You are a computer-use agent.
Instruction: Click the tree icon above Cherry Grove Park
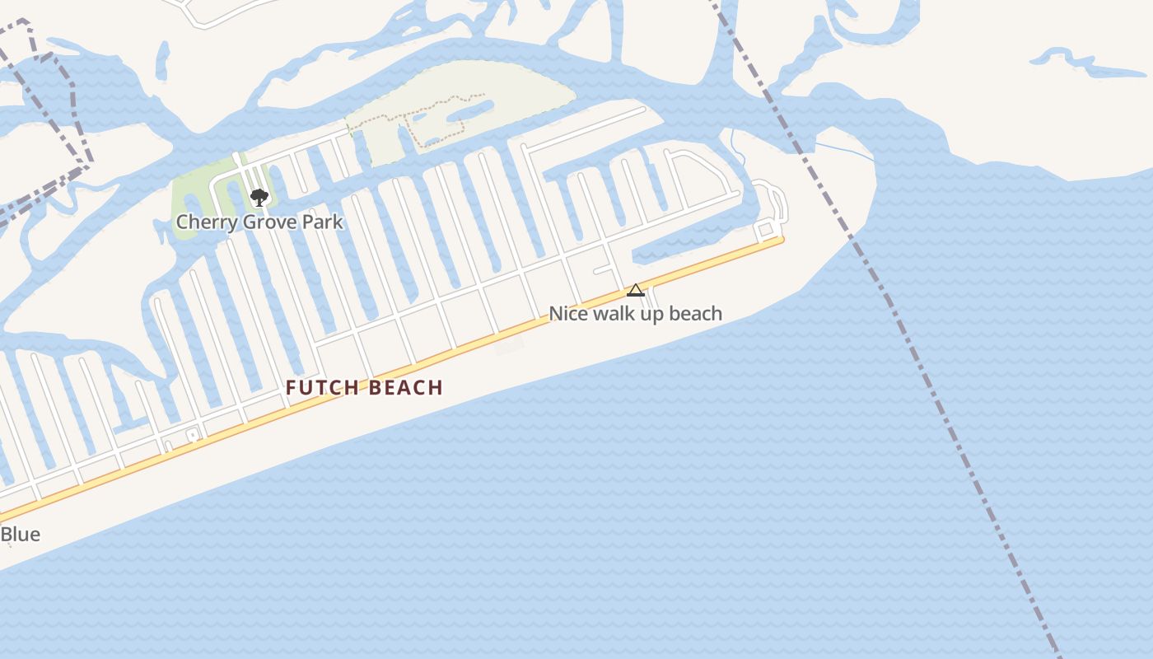[x=259, y=197]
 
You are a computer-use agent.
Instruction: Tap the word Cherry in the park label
[x=203, y=222]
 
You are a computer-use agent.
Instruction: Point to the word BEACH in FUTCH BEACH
[x=407, y=388]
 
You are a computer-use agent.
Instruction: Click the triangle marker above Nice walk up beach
[x=635, y=290]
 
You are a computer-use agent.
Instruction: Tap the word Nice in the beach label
[x=568, y=314]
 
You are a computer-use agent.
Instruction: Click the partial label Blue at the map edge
[x=20, y=535]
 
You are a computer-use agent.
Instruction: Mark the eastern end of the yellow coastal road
[x=780, y=240]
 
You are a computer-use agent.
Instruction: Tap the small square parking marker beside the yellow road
[x=193, y=434]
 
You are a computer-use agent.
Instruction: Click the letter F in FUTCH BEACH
[x=292, y=388]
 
